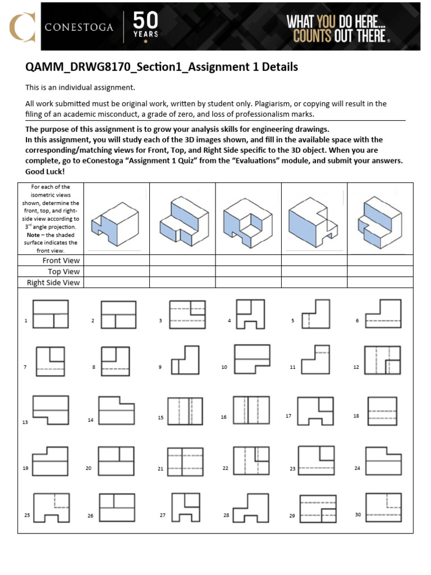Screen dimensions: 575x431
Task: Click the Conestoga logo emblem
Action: tap(21, 26)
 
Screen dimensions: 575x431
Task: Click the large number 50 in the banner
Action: tap(145, 21)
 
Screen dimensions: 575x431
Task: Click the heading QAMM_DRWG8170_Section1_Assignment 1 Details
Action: tap(162, 67)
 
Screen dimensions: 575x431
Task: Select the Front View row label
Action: tap(61, 261)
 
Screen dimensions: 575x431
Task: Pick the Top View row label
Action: tap(63, 271)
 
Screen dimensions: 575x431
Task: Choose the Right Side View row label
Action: tap(53, 282)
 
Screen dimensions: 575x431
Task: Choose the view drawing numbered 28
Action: tap(250, 508)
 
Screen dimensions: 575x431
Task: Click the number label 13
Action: tap(25, 422)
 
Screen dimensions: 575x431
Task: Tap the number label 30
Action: tap(357, 514)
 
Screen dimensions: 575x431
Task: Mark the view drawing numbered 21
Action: tap(184, 462)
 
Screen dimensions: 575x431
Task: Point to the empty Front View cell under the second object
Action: tap(182, 261)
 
